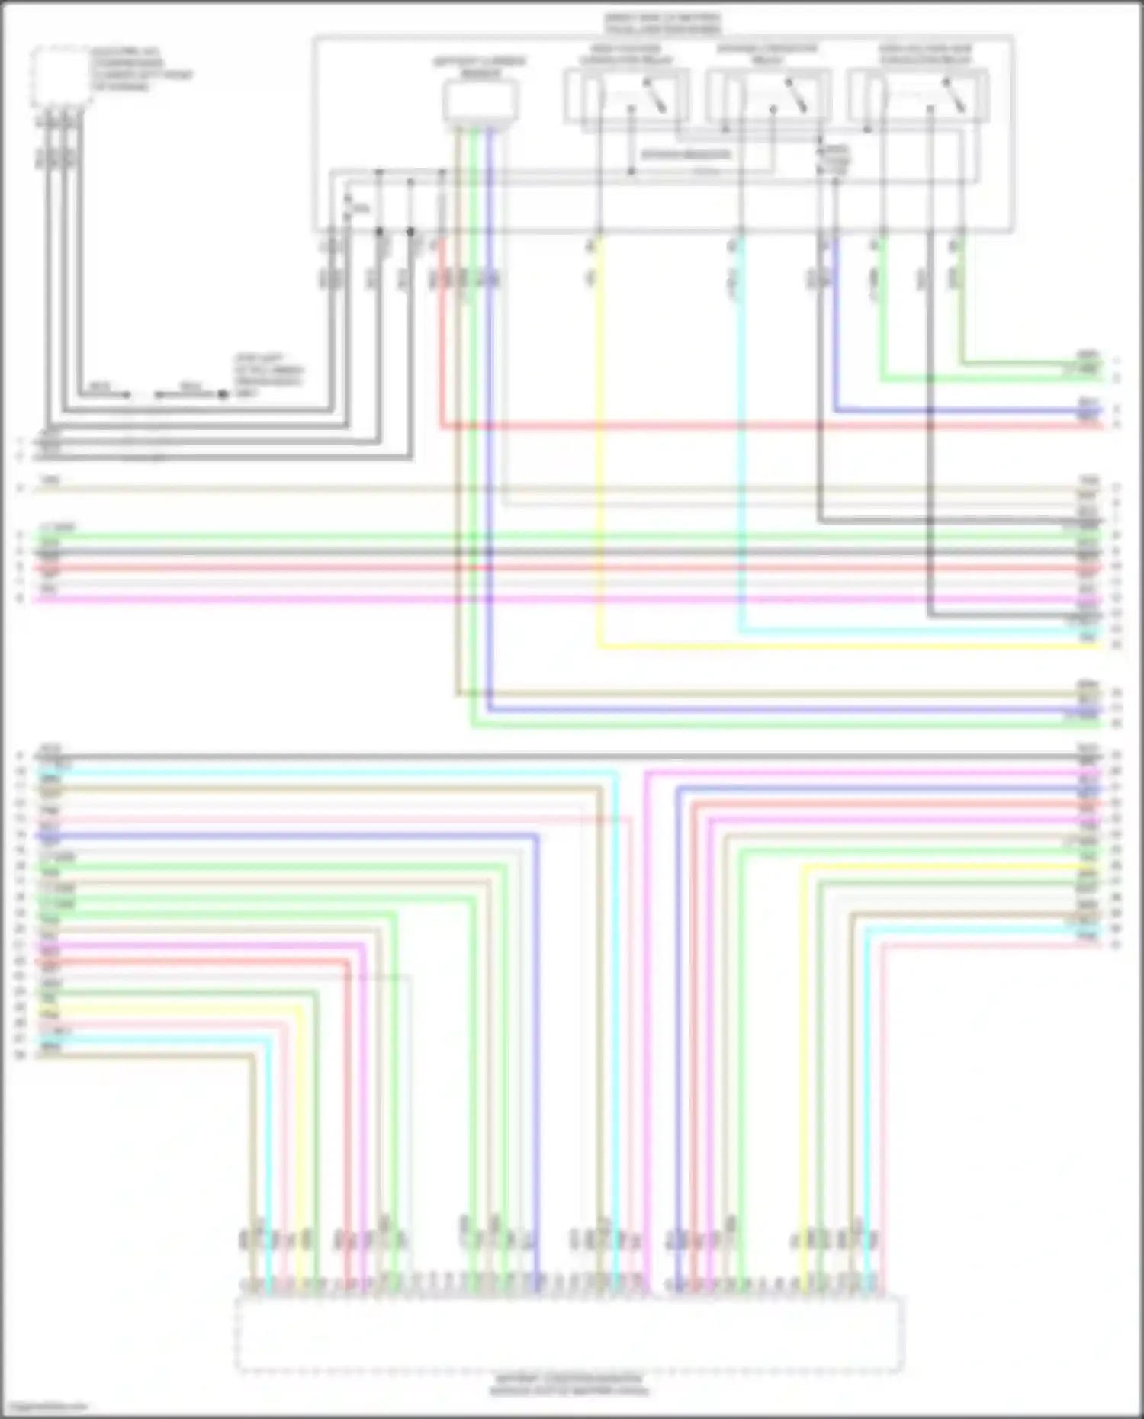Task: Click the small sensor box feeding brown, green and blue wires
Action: point(480,101)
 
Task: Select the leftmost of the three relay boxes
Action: point(627,95)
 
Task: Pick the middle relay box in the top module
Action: point(769,95)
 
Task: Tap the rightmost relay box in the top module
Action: point(919,95)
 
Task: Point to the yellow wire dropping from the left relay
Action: point(599,457)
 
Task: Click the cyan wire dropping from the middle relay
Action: point(740,457)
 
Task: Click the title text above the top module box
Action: point(662,24)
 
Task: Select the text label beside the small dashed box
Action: point(141,69)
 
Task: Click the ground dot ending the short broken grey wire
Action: point(223,395)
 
